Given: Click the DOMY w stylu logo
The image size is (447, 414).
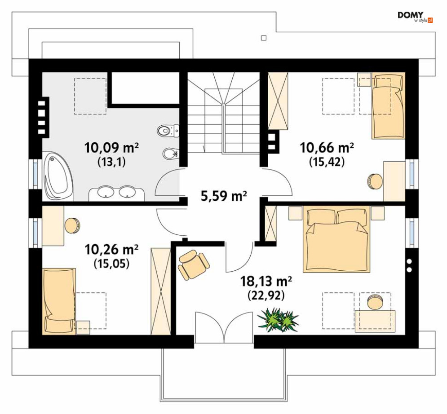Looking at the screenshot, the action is [x=415, y=17].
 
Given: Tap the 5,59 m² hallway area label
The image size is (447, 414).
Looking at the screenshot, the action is [x=224, y=196].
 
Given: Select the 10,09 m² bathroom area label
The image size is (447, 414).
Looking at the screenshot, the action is [x=111, y=148].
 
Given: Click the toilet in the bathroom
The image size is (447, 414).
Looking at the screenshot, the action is [x=168, y=131].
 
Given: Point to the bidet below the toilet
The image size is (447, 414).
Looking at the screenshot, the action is [x=170, y=154].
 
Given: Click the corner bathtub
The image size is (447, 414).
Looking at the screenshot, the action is [x=58, y=176].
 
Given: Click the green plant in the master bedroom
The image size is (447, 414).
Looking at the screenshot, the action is [x=278, y=319].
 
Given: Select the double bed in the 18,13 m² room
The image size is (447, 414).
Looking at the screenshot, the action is [x=336, y=239].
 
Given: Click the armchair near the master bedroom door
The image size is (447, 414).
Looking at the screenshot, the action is [x=193, y=264].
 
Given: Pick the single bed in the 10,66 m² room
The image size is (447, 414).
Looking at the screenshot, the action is [x=388, y=106].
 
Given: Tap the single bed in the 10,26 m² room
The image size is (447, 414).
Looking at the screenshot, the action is [x=59, y=301].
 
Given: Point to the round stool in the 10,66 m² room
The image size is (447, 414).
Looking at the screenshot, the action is [x=375, y=181].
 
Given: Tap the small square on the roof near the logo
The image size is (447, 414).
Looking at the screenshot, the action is [x=264, y=38].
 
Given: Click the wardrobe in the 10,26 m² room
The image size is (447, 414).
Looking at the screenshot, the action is [x=161, y=291].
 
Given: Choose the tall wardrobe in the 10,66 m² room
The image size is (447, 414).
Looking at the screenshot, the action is [x=278, y=101].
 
